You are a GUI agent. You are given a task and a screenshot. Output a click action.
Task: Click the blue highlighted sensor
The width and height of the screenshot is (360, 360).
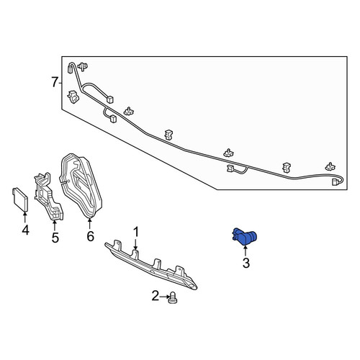coord(244,236)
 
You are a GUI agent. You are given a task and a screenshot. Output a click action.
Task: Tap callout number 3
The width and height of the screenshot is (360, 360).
coord(246,263)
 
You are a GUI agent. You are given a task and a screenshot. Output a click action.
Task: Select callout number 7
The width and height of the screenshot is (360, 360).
coord(55,82)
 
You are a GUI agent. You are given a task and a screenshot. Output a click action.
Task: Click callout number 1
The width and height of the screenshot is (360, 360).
coord(136,233)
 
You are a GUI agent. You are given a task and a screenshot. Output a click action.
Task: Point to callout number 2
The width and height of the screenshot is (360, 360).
coord(156,296)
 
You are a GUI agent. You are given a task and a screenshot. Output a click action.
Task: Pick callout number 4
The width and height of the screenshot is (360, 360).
coord(25,230)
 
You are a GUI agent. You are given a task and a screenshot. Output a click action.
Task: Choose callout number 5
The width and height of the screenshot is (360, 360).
coord(55,238)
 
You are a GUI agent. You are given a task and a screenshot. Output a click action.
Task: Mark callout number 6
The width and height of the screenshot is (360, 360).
coord(90,236)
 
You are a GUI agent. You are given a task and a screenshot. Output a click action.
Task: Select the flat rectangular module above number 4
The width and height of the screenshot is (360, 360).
coord(20,199)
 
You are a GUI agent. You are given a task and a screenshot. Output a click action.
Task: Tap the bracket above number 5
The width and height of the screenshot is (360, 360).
coord(49,197)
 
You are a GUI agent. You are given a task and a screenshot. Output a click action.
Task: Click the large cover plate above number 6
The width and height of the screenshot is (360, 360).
coord(81,186)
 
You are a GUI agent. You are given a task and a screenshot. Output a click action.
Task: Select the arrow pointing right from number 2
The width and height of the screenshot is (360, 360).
coord(164,297)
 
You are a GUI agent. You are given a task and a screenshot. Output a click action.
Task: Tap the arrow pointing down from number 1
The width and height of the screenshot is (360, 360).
coord(136,244)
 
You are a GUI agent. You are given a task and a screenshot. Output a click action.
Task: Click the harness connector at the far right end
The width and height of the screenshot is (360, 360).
coord(334,182)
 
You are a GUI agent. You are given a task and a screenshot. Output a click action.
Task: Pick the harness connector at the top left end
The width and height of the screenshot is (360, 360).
coord(71,68)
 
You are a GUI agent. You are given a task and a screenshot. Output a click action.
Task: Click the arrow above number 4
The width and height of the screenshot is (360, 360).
coord(24,217)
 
